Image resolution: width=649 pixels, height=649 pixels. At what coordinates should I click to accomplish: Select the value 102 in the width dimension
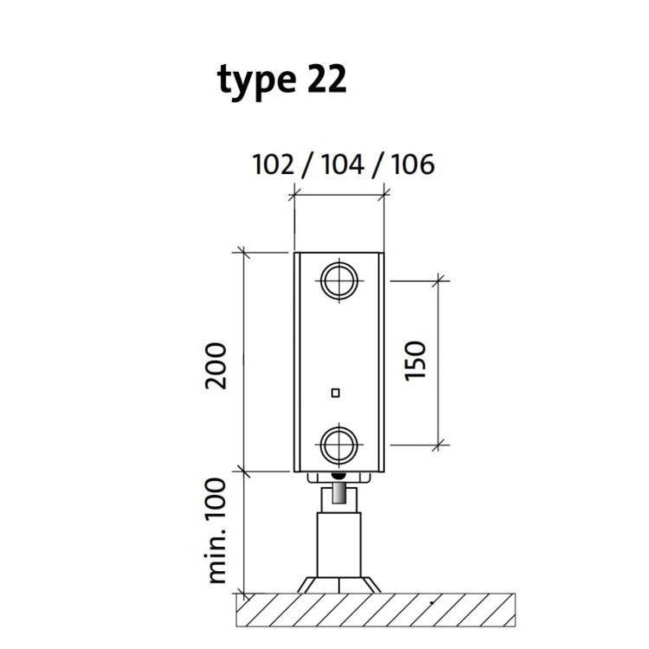[x=273, y=164]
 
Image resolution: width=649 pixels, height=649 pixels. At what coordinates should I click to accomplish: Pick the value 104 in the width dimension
[x=341, y=164]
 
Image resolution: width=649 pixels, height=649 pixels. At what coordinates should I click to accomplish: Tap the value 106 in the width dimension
[x=410, y=164]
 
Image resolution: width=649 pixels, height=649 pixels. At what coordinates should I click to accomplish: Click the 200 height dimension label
[x=217, y=365]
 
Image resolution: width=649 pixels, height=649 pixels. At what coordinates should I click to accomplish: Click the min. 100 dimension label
[x=217, y=530]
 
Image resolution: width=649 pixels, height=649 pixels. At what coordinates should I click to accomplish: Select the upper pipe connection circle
[x=337, y=280]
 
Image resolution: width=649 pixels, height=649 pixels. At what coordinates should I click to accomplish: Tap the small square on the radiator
[x=336, y=394]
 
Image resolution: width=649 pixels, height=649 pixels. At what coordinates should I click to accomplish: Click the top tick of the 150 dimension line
[x=440, y=280]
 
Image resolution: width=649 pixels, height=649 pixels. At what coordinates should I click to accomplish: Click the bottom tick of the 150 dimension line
[x=440, y=445]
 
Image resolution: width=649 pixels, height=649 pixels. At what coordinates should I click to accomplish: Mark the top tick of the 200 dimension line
[x=244, y=252]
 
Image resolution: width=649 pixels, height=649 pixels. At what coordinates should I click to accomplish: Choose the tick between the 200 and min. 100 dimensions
[x=244, y=471]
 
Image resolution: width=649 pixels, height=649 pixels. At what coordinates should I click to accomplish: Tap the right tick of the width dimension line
[x=382, y=197]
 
